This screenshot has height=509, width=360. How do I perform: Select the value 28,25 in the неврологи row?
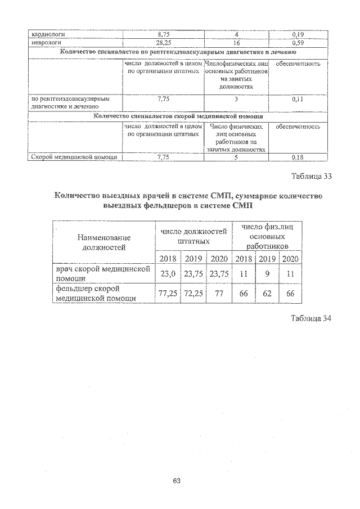tap(163, 42)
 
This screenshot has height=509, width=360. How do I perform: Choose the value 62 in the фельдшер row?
tap(267, 294)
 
